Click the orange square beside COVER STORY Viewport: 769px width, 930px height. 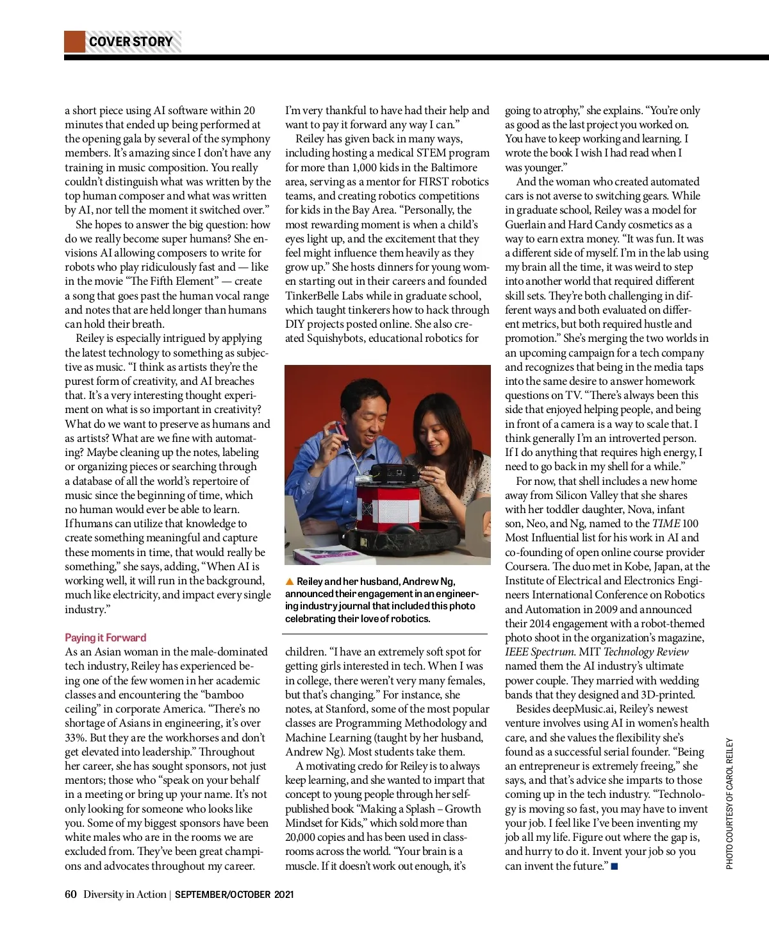pos(74,42)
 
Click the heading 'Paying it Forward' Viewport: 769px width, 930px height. pos(105,638)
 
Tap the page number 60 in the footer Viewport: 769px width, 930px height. pos(70,894)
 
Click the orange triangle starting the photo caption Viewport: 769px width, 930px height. pos(290,582)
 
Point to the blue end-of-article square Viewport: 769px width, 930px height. pos(615,867)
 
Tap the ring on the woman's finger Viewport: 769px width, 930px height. pos(436,480)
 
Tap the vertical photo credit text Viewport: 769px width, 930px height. pos(729,804)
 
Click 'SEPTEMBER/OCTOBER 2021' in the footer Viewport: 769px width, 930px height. pos(234,894)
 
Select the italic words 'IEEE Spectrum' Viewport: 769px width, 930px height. pos(539,652)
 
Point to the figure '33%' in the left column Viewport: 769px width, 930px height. pos(76,738)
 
